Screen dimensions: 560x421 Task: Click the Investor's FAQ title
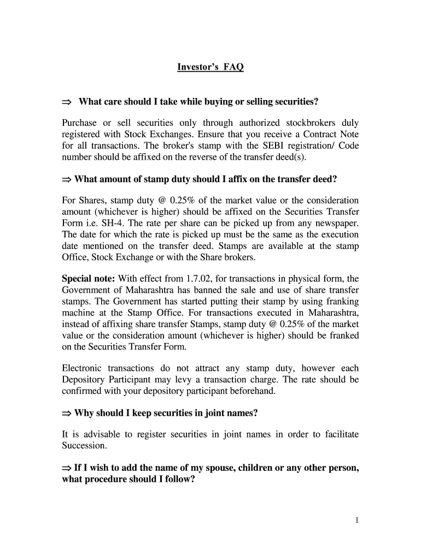[210, 67]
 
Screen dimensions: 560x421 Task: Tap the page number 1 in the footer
[356, 520]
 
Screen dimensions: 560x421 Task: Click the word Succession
[84, 446]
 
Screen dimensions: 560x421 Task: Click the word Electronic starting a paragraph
[81, 369]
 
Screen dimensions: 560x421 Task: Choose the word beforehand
[253, 392]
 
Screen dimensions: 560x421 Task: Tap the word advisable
[101, 434]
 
